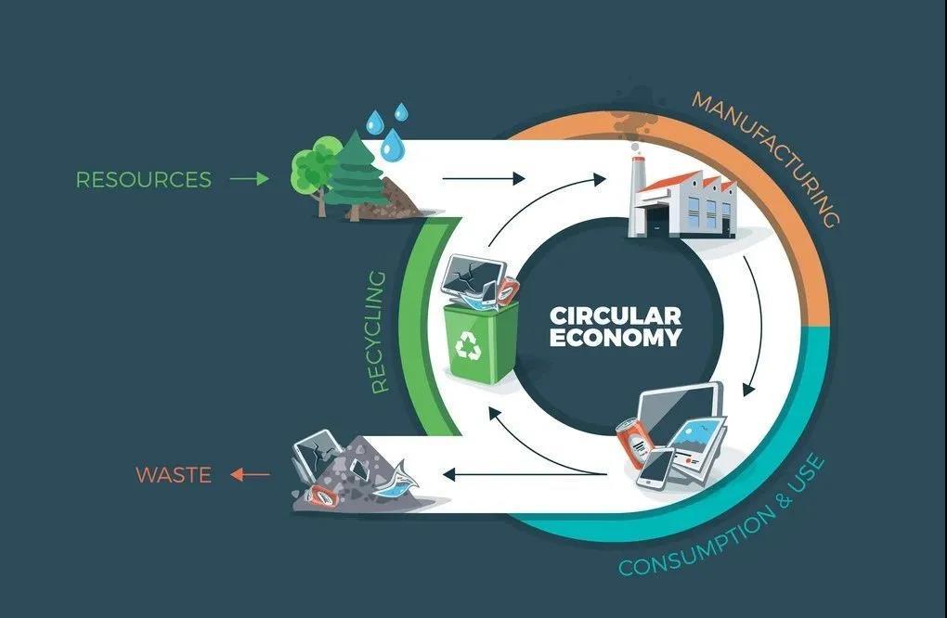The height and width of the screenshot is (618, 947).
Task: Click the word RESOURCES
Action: [x=143, y=179]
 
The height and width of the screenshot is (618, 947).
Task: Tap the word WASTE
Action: [x=174, y=475]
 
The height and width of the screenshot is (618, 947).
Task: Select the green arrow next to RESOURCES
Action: [x=248, y=178]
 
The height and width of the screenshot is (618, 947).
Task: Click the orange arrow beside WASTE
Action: [x=249, y=475]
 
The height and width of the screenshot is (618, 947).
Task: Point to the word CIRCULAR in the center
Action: [x=615, y=315]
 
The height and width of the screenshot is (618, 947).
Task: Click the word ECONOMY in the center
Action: [x=615, y=338]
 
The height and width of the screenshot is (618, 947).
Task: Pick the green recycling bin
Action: [x=481, y=341]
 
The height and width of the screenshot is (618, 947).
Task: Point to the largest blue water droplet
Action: [x=393, y=145]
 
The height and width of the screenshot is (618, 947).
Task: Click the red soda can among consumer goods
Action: [x=634, y=443]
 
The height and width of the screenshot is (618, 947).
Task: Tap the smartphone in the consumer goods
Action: [x=657, y=468]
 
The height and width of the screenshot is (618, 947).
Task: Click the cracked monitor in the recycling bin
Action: [x=473, y=277]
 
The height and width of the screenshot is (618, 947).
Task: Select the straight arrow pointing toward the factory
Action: [x=483, y=178]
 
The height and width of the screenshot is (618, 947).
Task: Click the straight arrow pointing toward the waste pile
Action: [x=483, y=475]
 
